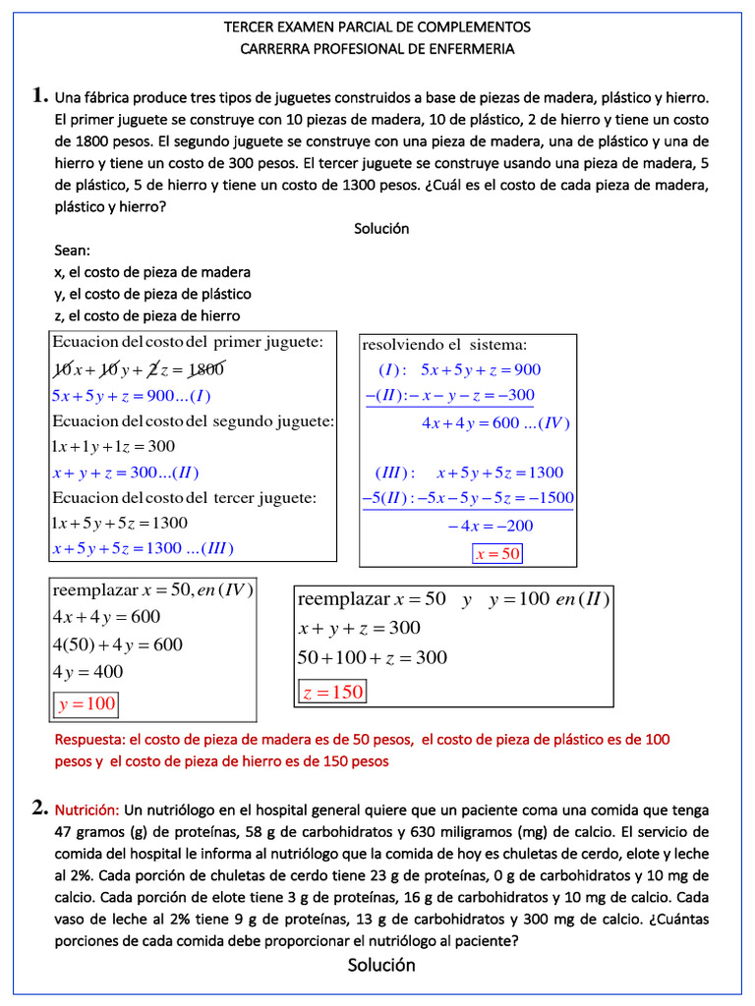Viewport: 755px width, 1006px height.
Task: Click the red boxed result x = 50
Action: [x=497, y=554]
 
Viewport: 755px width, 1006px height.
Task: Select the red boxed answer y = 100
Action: [x=87, y=703]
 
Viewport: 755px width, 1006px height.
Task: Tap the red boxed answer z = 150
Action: [x=332, y=693]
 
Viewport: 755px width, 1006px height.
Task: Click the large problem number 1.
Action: [x=39, y=96]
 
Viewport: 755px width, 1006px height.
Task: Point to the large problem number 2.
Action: [x=39, y=809]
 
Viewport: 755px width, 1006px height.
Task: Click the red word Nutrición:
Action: [x=87, y=810]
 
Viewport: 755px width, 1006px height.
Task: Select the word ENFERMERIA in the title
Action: [x=468, y=48]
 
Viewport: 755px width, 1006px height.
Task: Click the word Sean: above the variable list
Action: [x=73, y=251]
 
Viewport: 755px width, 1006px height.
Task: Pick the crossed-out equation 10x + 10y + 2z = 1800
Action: [x=139, y=369]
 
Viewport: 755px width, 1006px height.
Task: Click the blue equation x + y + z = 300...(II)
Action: [x=133, y=473]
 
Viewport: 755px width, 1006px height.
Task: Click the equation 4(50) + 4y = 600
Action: [x=117, y=645]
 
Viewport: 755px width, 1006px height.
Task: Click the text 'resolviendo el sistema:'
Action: [x=445, y=344]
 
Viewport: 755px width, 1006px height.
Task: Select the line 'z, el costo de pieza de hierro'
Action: [x=147, y=315]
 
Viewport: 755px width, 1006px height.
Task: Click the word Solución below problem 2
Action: [x=381, y=966]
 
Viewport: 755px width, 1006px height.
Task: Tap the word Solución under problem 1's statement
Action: [x=381, y=229]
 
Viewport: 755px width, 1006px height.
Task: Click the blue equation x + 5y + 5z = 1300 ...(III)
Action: [x=144, y=547]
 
